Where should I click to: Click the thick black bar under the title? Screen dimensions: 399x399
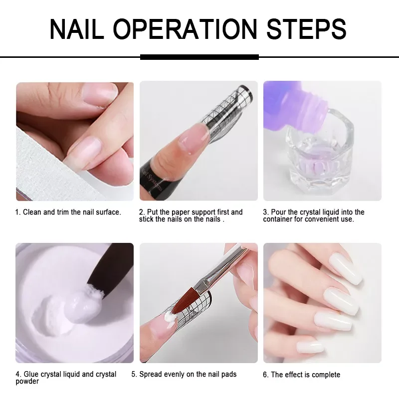199,57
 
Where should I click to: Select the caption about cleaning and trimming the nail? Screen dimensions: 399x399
68,212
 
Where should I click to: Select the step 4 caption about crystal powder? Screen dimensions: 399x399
66,378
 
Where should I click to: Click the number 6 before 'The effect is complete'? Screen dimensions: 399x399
265,375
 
